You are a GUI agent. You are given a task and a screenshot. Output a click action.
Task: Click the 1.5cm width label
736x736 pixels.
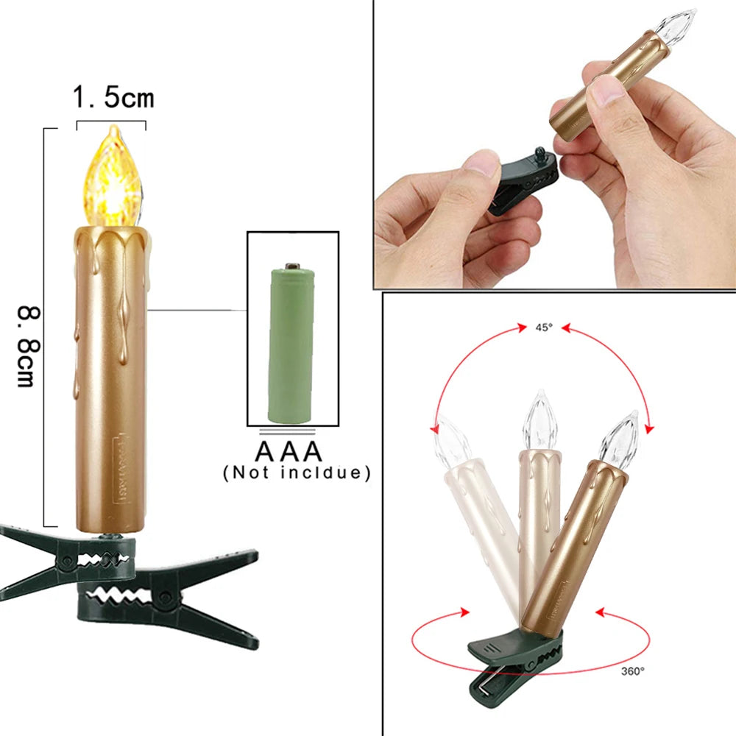click(113, 97)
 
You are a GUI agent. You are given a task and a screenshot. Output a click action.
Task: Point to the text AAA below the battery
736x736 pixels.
click(289, 450)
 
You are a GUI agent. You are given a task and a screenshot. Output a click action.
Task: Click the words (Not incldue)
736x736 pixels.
click(297, 473)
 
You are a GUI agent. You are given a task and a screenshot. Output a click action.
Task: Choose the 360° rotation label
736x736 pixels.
click(631, 670)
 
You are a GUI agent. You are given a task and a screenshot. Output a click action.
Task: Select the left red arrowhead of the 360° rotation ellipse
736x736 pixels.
click(464, 612)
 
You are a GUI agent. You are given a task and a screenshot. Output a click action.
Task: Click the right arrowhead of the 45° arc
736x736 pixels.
click(649, 427)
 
